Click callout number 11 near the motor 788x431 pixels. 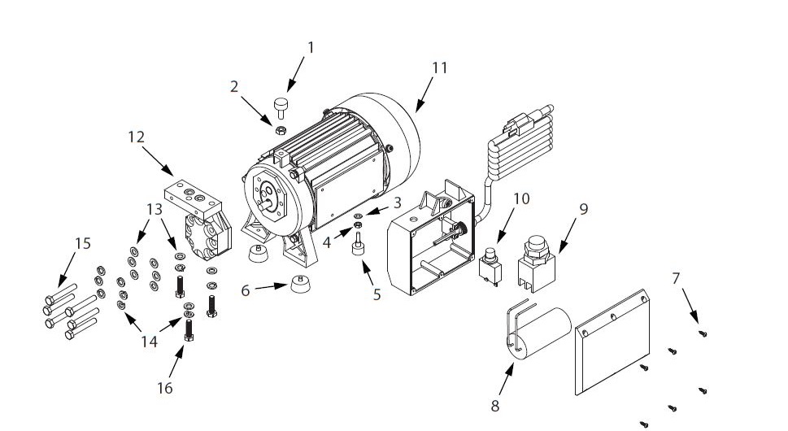[439, 67]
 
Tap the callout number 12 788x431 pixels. [136, 137]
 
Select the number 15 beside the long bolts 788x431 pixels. [82, 243]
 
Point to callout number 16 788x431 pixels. [164, 388]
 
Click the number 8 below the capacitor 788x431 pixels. [494, 404]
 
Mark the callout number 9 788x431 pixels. [583, 208]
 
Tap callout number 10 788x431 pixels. [520, 198]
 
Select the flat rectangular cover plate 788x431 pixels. [614, 344]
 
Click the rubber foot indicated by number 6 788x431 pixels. [301, 285]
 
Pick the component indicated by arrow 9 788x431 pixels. [535, 260]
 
